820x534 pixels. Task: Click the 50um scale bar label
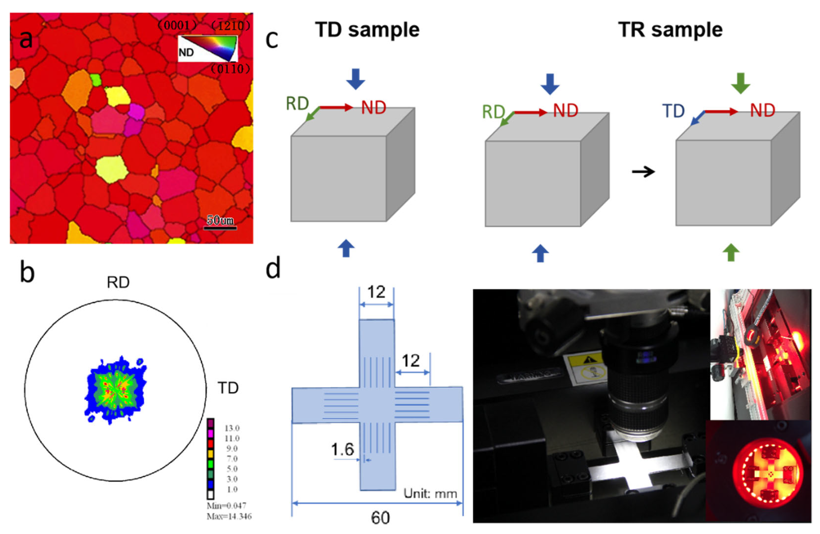[220, 220]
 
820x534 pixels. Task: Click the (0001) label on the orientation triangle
[178, 25]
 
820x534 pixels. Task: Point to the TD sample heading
[367, 30]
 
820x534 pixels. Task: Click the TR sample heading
[670, 30]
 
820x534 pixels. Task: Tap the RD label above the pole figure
[118, 283]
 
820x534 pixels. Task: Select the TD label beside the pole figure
[228, 388]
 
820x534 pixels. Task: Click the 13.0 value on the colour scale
[232, 428]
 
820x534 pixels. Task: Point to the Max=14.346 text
[229, 516]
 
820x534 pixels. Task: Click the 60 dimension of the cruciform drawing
[380, 518]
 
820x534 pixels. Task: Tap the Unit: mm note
[430, 494]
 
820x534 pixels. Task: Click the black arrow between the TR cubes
[643, 171]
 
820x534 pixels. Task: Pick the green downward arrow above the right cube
[740, 83]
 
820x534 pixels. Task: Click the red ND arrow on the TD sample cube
[336, 108]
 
